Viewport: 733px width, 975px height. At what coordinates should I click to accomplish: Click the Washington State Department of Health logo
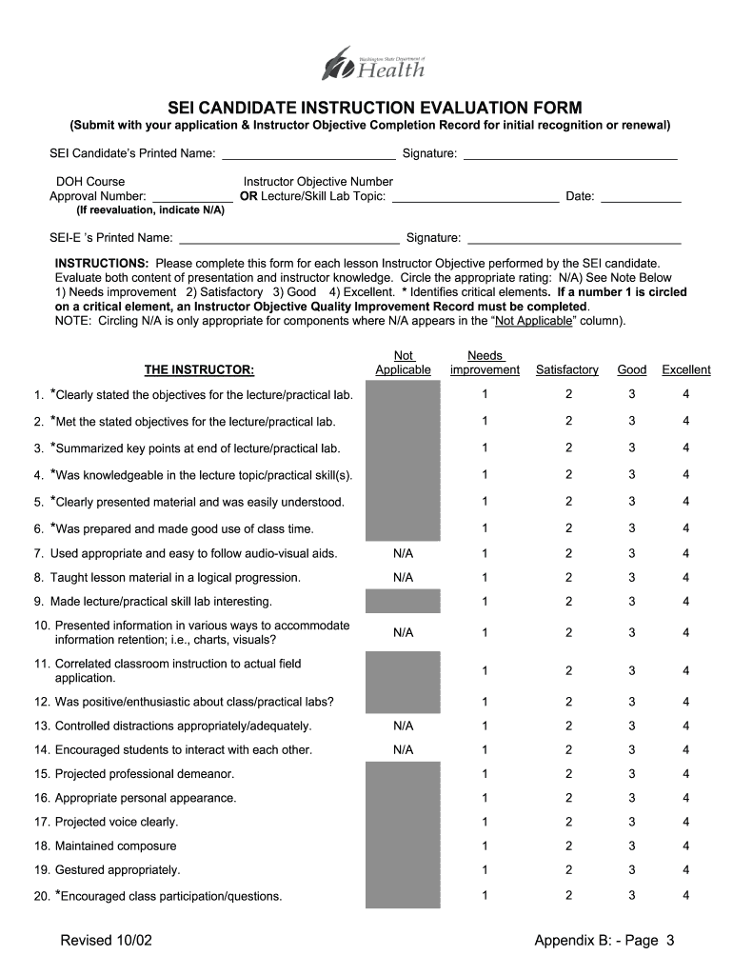(373, 66)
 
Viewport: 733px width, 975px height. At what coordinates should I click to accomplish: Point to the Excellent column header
(685, 369)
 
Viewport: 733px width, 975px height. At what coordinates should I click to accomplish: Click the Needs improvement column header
(485, 363)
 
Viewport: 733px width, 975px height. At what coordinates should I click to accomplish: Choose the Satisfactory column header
(567, 369)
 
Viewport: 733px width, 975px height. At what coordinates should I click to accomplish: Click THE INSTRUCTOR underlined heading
(199, 369)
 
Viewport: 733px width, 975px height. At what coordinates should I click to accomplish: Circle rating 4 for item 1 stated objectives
(685, 394)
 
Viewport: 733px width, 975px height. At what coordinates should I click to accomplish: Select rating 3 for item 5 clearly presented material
(631, 502)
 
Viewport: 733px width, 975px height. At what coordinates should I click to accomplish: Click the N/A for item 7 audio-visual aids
(403, 553)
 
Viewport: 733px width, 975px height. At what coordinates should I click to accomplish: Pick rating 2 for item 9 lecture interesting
(568, 601)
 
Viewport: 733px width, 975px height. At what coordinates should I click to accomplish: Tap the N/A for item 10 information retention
(403, 632)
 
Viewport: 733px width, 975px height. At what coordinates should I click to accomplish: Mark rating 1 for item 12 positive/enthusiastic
(485, 703)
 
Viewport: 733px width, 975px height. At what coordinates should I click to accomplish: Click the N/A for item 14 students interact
(403, 749)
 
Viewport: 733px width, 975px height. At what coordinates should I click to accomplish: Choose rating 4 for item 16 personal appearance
(685, 798)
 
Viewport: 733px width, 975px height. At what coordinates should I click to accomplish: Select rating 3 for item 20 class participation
(631, 895)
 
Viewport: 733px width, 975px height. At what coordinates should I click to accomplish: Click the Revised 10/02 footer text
(106, 942)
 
